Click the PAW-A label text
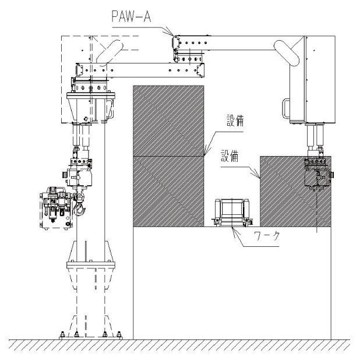pos(131,16)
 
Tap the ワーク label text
pos(267,236)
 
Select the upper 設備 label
pos(235,121)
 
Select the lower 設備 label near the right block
pos(230,156)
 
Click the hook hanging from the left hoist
pos(79,206)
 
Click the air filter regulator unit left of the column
pos(56,208)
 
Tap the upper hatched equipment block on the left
pos(168,121)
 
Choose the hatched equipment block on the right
pos(295,192)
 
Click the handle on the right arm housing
pos(285,108)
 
